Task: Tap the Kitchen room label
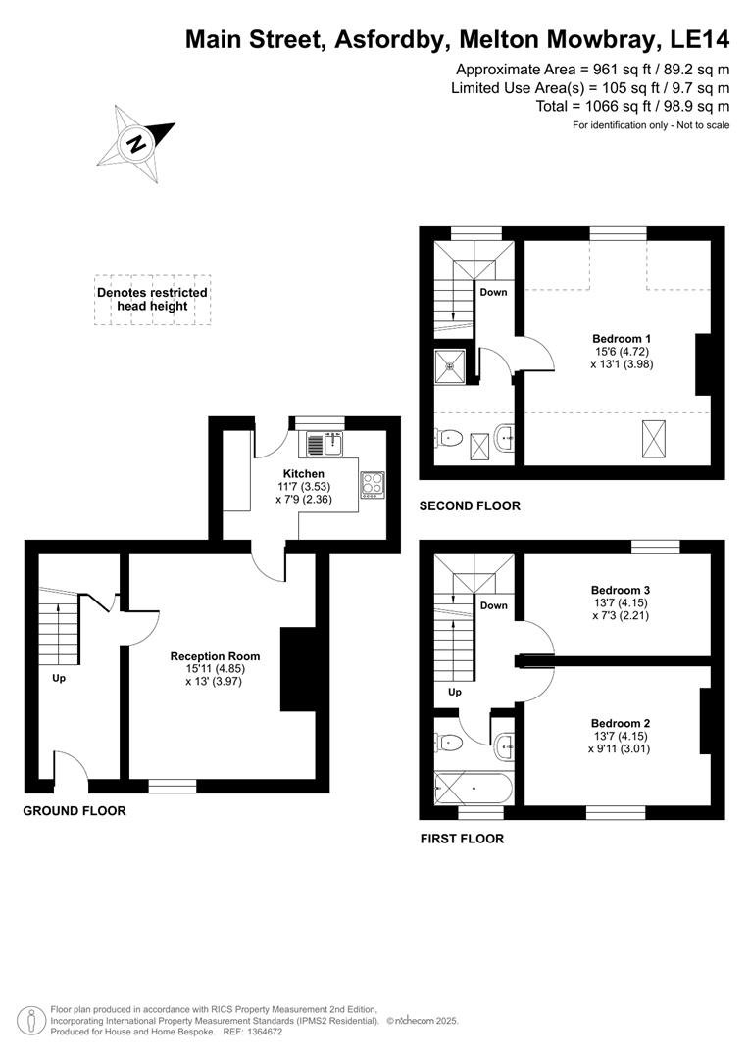click(303, 473)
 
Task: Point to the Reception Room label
click(215, 656)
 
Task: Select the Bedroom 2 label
click(621, 724)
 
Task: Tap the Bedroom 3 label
click(621, 590)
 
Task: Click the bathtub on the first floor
click(470, 787)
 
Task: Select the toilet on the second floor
click(447, 437)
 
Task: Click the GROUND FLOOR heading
click(75, 811)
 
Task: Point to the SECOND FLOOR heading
click(470, 506)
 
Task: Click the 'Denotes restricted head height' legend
click(152, 299)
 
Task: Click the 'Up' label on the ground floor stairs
click(59, 677)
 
